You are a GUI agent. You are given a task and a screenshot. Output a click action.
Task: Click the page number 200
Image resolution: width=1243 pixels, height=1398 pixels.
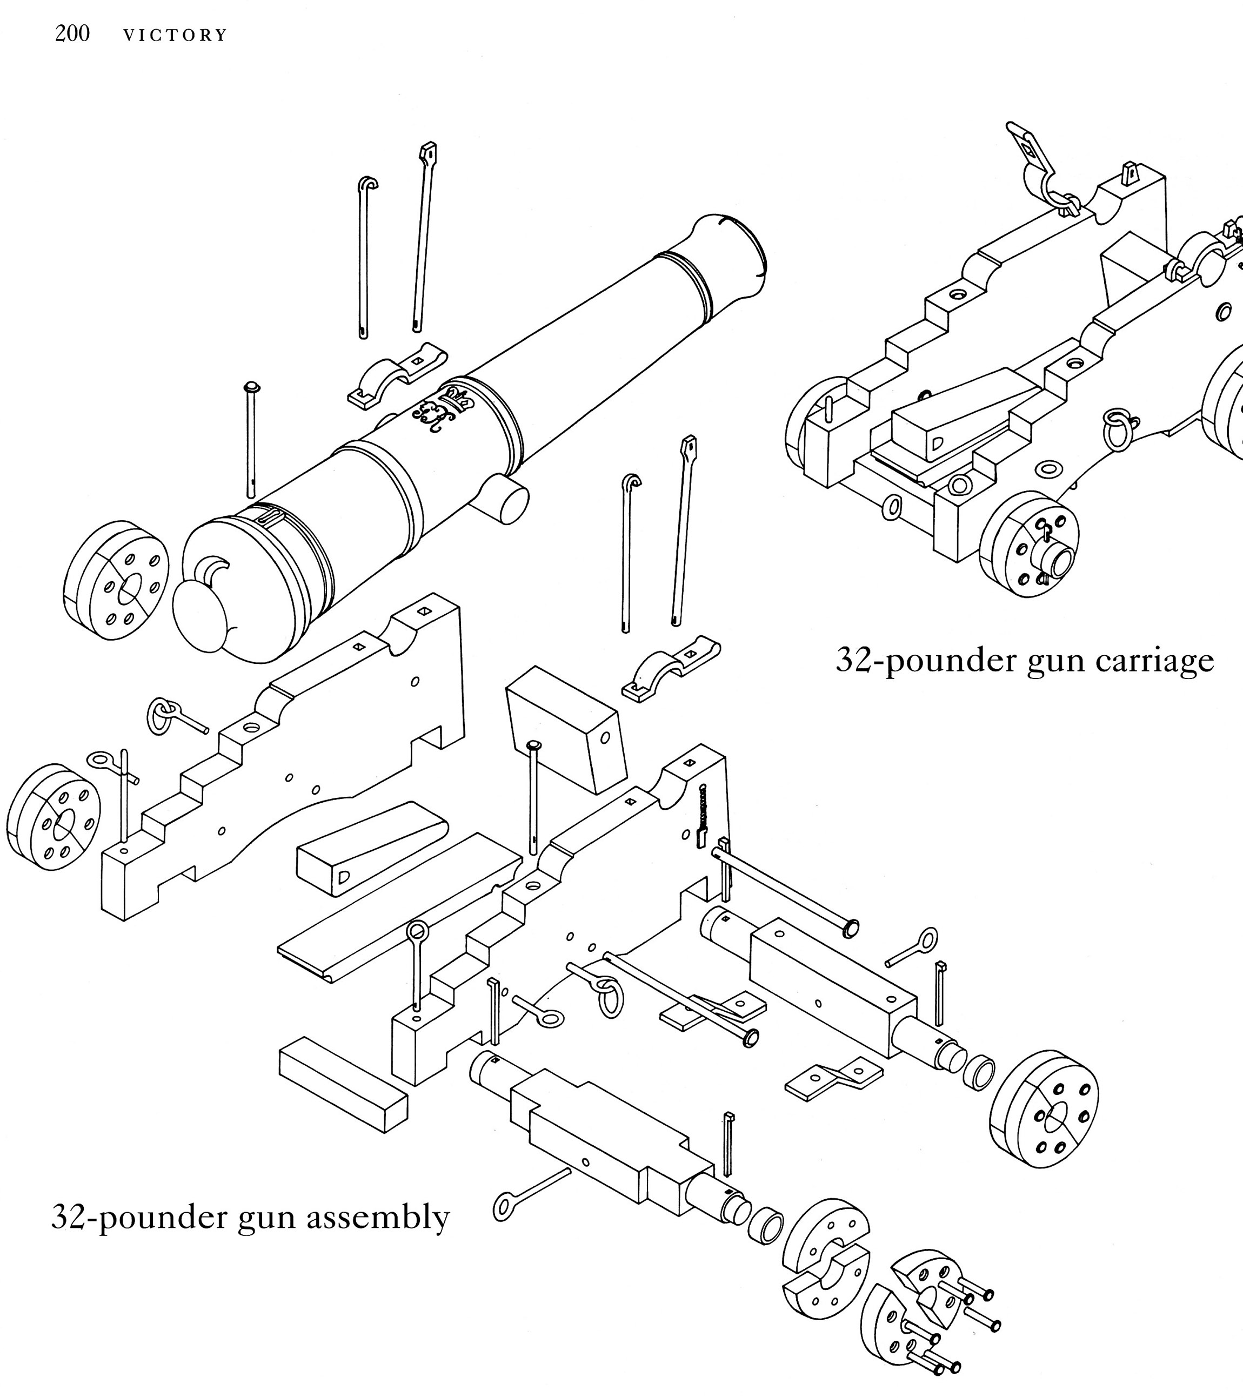[x=72, y=33]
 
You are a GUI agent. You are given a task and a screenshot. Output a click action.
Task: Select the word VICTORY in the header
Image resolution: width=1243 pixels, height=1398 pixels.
[x=175, y=36]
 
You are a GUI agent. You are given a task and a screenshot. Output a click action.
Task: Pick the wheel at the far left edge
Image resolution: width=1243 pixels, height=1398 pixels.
[x=54, y=816]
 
